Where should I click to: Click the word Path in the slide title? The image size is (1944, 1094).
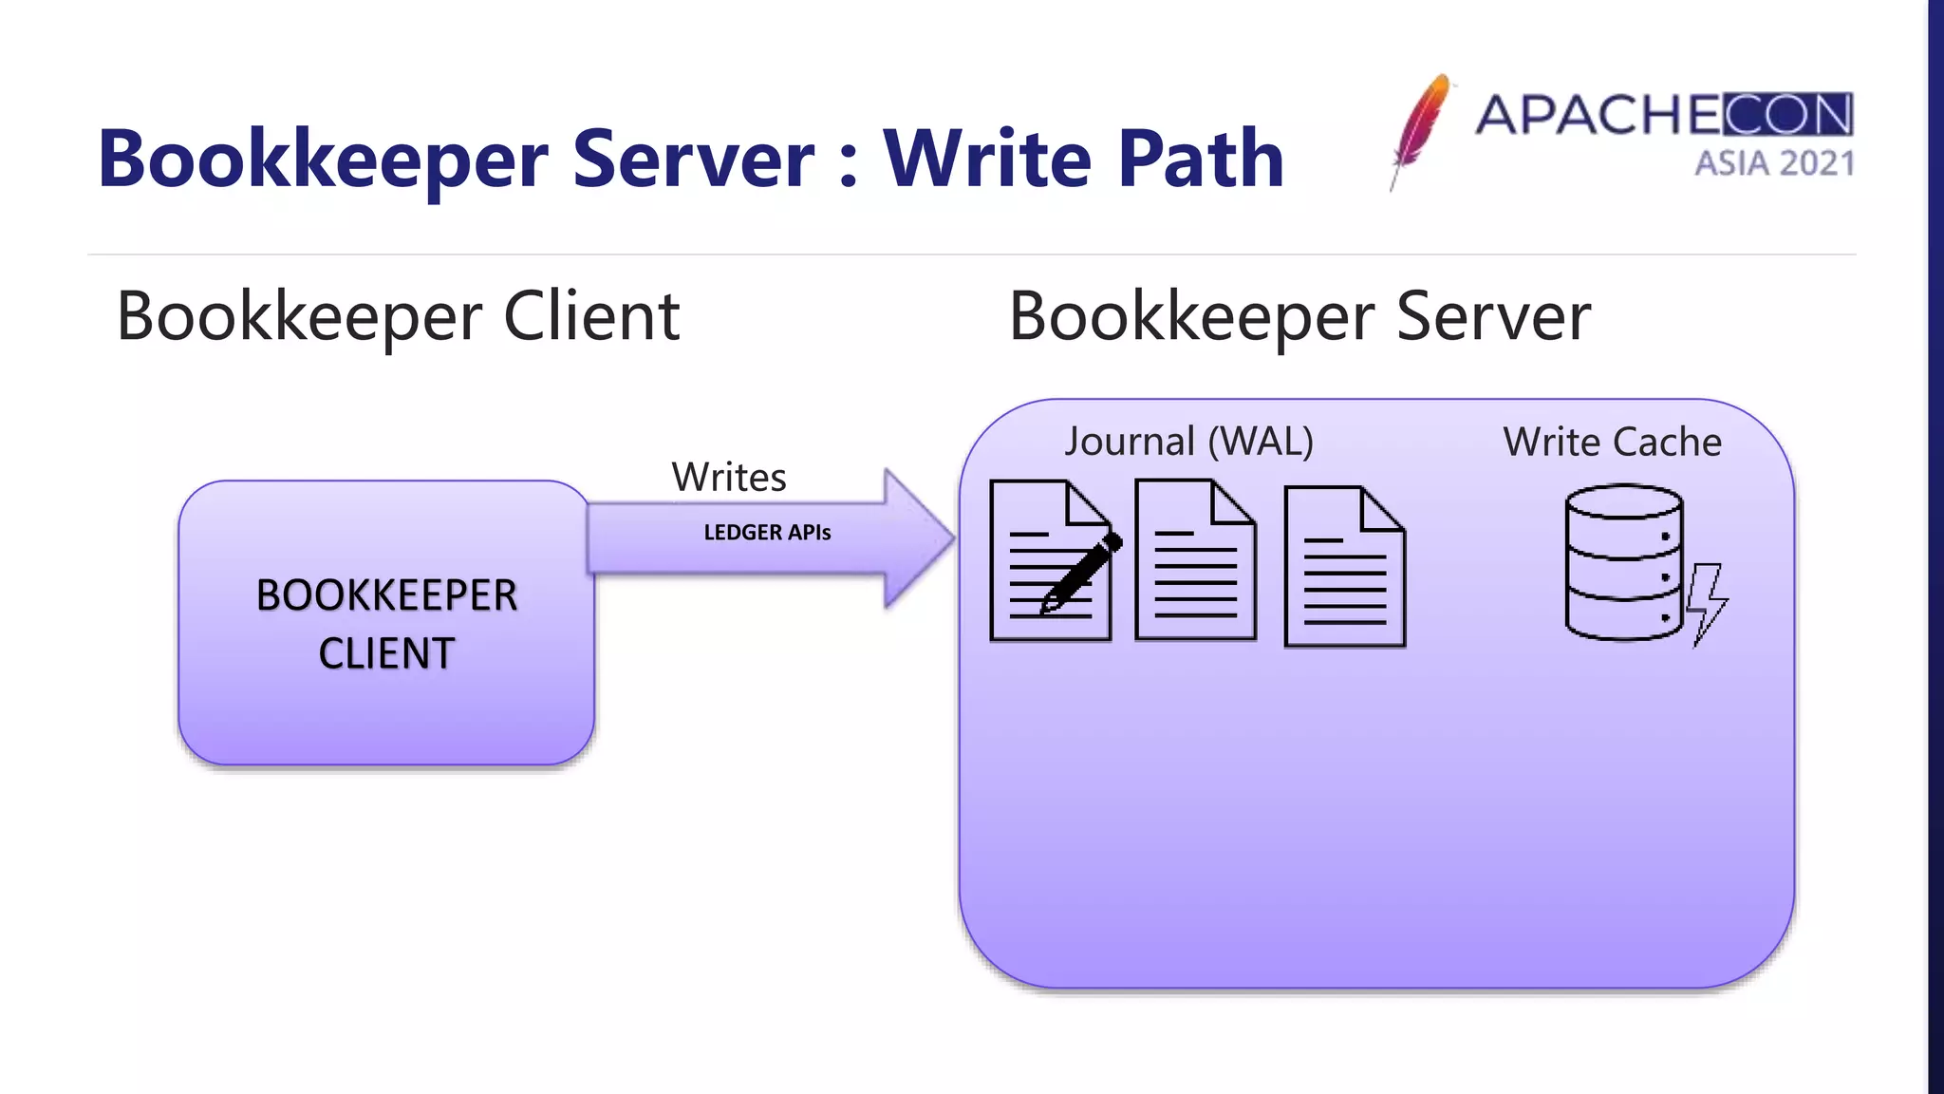tap(1200, 159)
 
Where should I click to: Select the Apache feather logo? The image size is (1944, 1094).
tap(1420, 129)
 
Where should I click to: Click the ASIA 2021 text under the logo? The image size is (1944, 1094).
tap(1774, 163)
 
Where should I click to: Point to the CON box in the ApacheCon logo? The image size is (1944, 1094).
tap(1787, 115)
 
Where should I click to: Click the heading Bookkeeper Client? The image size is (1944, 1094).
tap(398, 316)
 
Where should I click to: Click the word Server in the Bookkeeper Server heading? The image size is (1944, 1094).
tap(1492, 316)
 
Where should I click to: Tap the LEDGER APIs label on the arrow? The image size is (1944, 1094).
tap(767, 533)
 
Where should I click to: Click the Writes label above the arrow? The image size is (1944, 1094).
tap(729, 477)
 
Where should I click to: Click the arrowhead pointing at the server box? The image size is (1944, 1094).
tap(917, 538)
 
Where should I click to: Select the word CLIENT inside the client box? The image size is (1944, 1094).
tap(386, 653)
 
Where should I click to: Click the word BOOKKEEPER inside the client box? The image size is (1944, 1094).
tap(386, 595)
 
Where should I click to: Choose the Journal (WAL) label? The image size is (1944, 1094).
tap(1188, 442)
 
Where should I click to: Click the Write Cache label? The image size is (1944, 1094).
tap(1612, 442)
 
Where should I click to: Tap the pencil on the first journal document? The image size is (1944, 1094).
tap(1082, 572)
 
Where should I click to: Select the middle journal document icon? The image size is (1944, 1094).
tap(1195, 560)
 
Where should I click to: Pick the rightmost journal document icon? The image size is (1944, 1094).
tap(1344, 567)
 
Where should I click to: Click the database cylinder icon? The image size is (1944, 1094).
tap(1623, 562)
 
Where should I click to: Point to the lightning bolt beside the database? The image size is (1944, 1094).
tap(1707, 604)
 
